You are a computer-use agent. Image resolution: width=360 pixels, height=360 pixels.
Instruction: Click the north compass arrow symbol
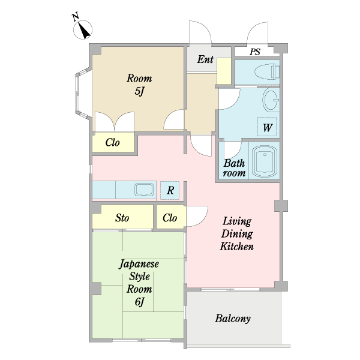tap(83, 29)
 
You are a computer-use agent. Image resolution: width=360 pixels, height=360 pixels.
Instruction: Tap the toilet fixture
tap(267, 71)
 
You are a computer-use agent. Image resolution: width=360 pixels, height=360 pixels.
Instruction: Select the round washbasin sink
tap(271, 100)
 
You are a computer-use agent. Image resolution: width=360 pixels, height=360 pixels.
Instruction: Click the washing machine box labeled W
tap(267, 127)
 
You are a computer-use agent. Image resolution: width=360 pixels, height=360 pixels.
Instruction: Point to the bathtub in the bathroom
tap(265, 161)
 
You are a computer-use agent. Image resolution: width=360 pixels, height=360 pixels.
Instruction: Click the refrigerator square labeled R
tap(170, 190)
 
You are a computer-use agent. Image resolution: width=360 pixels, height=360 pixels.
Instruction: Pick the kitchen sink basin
tap(144, 190)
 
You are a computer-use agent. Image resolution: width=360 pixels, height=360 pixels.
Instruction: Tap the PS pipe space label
tap(255, 52)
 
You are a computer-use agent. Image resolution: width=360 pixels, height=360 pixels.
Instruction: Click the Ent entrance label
tap(205, 59)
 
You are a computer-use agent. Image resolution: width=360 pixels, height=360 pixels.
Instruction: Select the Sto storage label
tap(122, 218)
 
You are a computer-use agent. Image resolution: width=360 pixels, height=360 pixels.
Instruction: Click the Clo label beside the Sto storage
tap(170, 218)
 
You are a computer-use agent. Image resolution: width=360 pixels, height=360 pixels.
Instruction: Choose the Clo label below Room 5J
tap(113, 142)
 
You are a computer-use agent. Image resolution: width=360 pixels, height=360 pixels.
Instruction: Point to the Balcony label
tap(233, 319)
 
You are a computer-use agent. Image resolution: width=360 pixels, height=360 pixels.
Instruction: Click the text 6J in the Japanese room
tap(140, 302)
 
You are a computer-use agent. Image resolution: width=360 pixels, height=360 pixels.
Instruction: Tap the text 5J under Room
tap(139, 91)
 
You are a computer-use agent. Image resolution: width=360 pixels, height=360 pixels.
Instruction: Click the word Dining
tap(237, 234)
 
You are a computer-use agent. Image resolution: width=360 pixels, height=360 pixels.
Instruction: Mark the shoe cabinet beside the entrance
tap(224, 71)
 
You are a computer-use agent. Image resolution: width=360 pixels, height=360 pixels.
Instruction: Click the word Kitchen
tap(237, 247)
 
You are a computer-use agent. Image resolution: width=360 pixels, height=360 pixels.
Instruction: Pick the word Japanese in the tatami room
tap(139, 264)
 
